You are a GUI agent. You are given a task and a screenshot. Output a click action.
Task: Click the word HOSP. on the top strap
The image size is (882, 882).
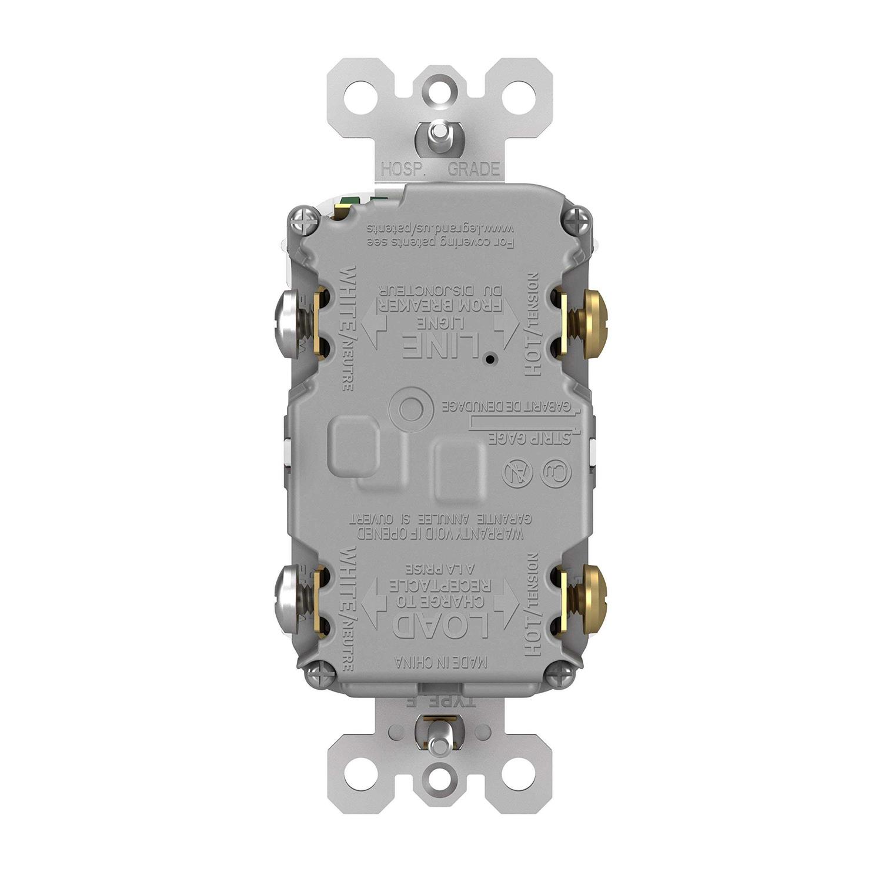click(403, 170)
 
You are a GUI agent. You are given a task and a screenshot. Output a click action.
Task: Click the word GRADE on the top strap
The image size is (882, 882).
click(474, 170)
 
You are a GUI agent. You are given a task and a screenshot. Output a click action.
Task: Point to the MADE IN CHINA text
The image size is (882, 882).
click(441, 663)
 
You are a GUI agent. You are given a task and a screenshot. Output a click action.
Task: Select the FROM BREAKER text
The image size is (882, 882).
click(441, 305)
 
